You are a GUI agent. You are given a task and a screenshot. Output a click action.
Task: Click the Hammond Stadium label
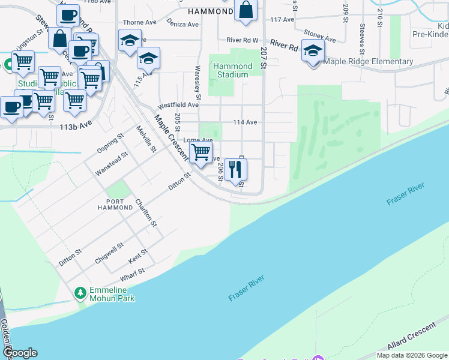tap(232, 71)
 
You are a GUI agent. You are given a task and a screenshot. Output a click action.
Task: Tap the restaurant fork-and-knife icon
tap(235, 170)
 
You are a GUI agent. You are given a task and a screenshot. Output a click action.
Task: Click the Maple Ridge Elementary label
tap(368, 61)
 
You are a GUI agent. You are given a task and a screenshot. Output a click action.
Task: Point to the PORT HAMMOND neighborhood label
tap(115, 204)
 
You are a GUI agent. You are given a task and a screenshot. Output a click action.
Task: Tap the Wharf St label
tap(133, 275)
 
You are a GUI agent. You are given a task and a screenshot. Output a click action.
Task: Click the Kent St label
tap(138, 257)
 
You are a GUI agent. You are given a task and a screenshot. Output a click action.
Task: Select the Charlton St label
tap(146, 213)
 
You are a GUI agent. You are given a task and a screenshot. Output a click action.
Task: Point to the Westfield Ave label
tap(178, 104)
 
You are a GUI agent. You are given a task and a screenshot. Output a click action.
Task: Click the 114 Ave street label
tap(245, 122)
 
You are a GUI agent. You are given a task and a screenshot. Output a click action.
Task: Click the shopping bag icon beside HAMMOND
tap(246, 10)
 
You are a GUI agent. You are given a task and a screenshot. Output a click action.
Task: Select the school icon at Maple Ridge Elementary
tap(313, 52)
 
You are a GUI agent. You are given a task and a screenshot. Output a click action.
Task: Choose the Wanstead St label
tap(112, 164)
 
